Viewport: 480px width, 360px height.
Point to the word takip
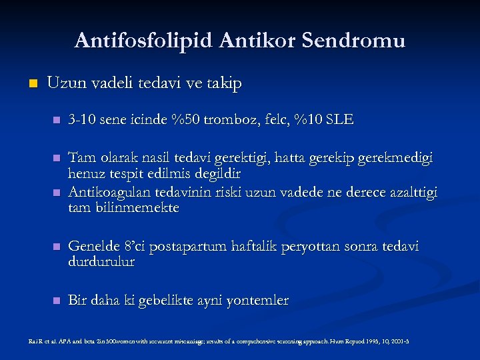coord(223,84)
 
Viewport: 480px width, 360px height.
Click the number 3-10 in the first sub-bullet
coord(83,121)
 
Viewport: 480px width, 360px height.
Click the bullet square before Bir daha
coord(56,301)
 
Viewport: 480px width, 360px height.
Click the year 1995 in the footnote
coord(371,341)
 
